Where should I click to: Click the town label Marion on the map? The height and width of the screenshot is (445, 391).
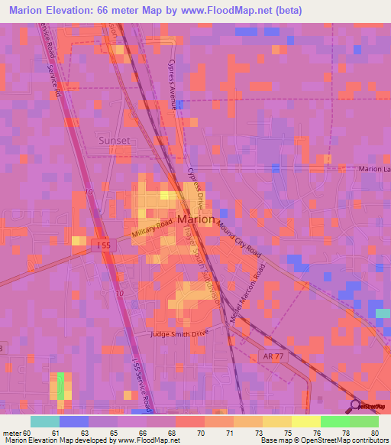[x=195, y=219]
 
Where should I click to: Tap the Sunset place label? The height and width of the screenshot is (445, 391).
[x=114, y=141]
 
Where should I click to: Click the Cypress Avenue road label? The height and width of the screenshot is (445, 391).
[x=170, y=85]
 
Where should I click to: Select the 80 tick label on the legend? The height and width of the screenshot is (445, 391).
[x=374, y=434]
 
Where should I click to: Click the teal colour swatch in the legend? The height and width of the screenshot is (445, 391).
[x=45, y=421]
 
